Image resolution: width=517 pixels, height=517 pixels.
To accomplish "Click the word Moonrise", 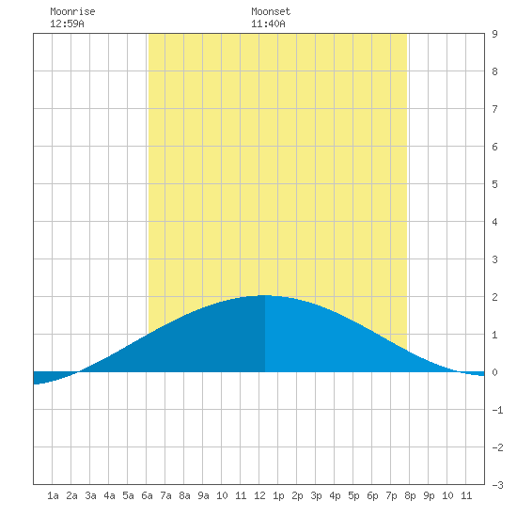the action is [72, 11].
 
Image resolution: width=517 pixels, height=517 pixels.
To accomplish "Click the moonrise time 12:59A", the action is [67, 23].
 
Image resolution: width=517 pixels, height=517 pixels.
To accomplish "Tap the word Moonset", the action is [271, 11].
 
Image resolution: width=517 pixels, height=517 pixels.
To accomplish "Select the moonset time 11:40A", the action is [268, 23].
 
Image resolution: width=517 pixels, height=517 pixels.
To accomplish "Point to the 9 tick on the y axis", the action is [494, 34].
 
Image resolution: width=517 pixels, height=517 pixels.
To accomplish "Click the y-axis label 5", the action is [494, 184].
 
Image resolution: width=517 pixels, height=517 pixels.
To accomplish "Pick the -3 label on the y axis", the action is [497, 485].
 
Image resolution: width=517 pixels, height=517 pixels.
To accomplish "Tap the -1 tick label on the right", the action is [497, 410].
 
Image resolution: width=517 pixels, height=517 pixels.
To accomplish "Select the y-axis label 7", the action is [494, 109].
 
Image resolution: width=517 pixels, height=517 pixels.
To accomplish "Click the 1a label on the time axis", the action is [53, 495].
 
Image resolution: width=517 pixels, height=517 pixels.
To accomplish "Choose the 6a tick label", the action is [147, 495].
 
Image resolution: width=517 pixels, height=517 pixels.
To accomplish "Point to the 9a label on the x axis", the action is [203, 495].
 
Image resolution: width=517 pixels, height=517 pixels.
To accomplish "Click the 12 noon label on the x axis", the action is [259, 495].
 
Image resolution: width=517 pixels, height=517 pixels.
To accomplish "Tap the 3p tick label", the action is [316, 495].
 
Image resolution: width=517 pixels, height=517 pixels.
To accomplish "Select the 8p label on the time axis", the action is [410, 495].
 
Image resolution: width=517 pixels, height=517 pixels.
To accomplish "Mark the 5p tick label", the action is [353, 495].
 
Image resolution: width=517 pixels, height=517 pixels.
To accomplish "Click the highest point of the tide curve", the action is [264, 295].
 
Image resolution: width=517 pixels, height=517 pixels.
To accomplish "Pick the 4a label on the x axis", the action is [109, 495].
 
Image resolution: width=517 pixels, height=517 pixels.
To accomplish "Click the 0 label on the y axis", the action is [494, 372].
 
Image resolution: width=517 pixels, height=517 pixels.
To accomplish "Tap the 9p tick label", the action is [429, 495].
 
